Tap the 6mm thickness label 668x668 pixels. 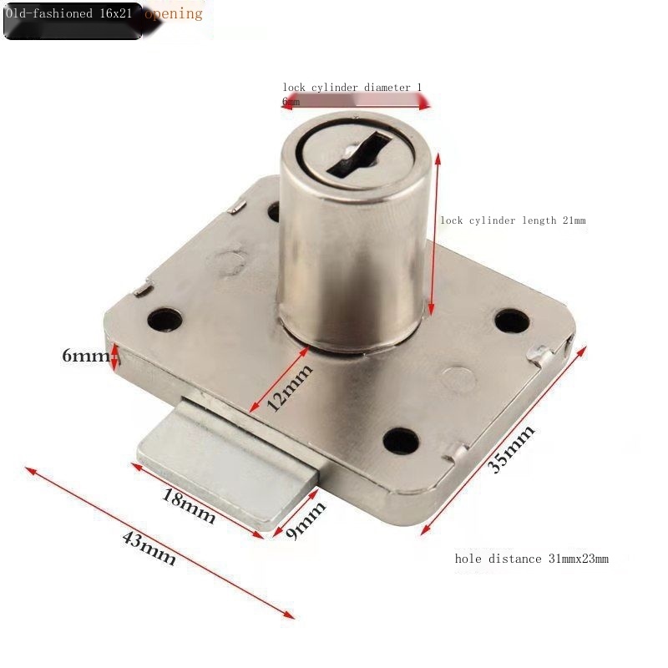pyautogui.click(x=85, y=356)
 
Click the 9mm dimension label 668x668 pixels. pyautogui.click(x=306, y=520)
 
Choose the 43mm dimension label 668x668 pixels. pyautogui.click(x=149, y=549)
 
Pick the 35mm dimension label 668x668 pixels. pyautogui.click(x=511, y=449)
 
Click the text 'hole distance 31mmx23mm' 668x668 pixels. pyautogui.click(x=531, y=559)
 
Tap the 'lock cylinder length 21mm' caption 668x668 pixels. pyautogui.click(x=513, y=220)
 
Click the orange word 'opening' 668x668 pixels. pyautogui.click(x=174, y=13)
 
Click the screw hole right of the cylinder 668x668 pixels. pyautogui.click(x=510, y=321)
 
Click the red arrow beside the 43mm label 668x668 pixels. pyautogui.click(x=159, y=543)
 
